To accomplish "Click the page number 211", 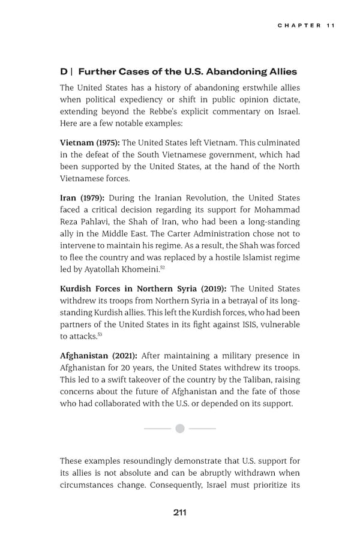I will coord(179,512).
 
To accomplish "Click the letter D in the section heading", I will coord(64,71).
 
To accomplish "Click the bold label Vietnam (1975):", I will coord(89,142).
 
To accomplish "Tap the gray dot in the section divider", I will coord(179,428).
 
